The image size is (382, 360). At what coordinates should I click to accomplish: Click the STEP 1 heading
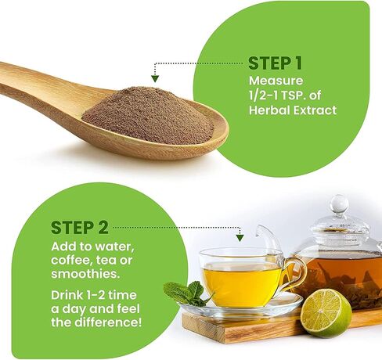[x=276, y=63]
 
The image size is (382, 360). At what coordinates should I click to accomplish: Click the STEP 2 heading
[x=80, y=228]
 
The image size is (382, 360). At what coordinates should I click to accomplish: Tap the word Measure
[x=276, y=81]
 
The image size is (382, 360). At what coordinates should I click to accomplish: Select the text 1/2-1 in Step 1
[x=264, y=95]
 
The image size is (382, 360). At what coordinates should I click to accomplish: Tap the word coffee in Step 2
[x=71, y=260]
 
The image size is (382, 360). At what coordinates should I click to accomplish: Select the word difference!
[x=108, y=322]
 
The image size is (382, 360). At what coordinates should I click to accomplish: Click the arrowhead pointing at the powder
[x=155, y=78]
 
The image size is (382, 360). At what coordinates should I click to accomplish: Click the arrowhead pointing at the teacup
[x=240, y=238]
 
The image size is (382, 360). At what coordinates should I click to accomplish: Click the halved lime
[x=326, y=314]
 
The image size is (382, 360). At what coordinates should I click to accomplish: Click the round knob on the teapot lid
[x=340, y=204]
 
